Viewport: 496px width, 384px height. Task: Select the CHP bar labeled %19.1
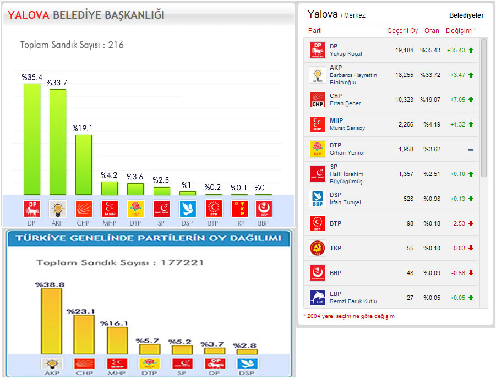(83, 164)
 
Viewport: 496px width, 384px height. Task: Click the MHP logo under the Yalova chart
(109, 209)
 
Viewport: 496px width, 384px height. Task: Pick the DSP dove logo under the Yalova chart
(187, 209)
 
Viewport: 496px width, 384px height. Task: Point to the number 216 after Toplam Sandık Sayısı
(116, 45)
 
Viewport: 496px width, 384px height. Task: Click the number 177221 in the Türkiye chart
(182, 262)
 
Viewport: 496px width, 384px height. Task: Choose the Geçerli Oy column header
(402, 31)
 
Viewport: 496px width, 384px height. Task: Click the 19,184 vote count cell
(404, 50)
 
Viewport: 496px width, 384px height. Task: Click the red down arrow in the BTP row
(471, 223)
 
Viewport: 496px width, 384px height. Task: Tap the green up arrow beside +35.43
(471, 50)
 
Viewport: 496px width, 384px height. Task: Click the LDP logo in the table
(318, 298)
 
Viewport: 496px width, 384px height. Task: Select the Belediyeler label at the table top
(466, 15)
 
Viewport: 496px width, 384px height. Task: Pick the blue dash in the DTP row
(471, 150)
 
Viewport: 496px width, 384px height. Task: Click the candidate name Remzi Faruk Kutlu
(353, 301)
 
